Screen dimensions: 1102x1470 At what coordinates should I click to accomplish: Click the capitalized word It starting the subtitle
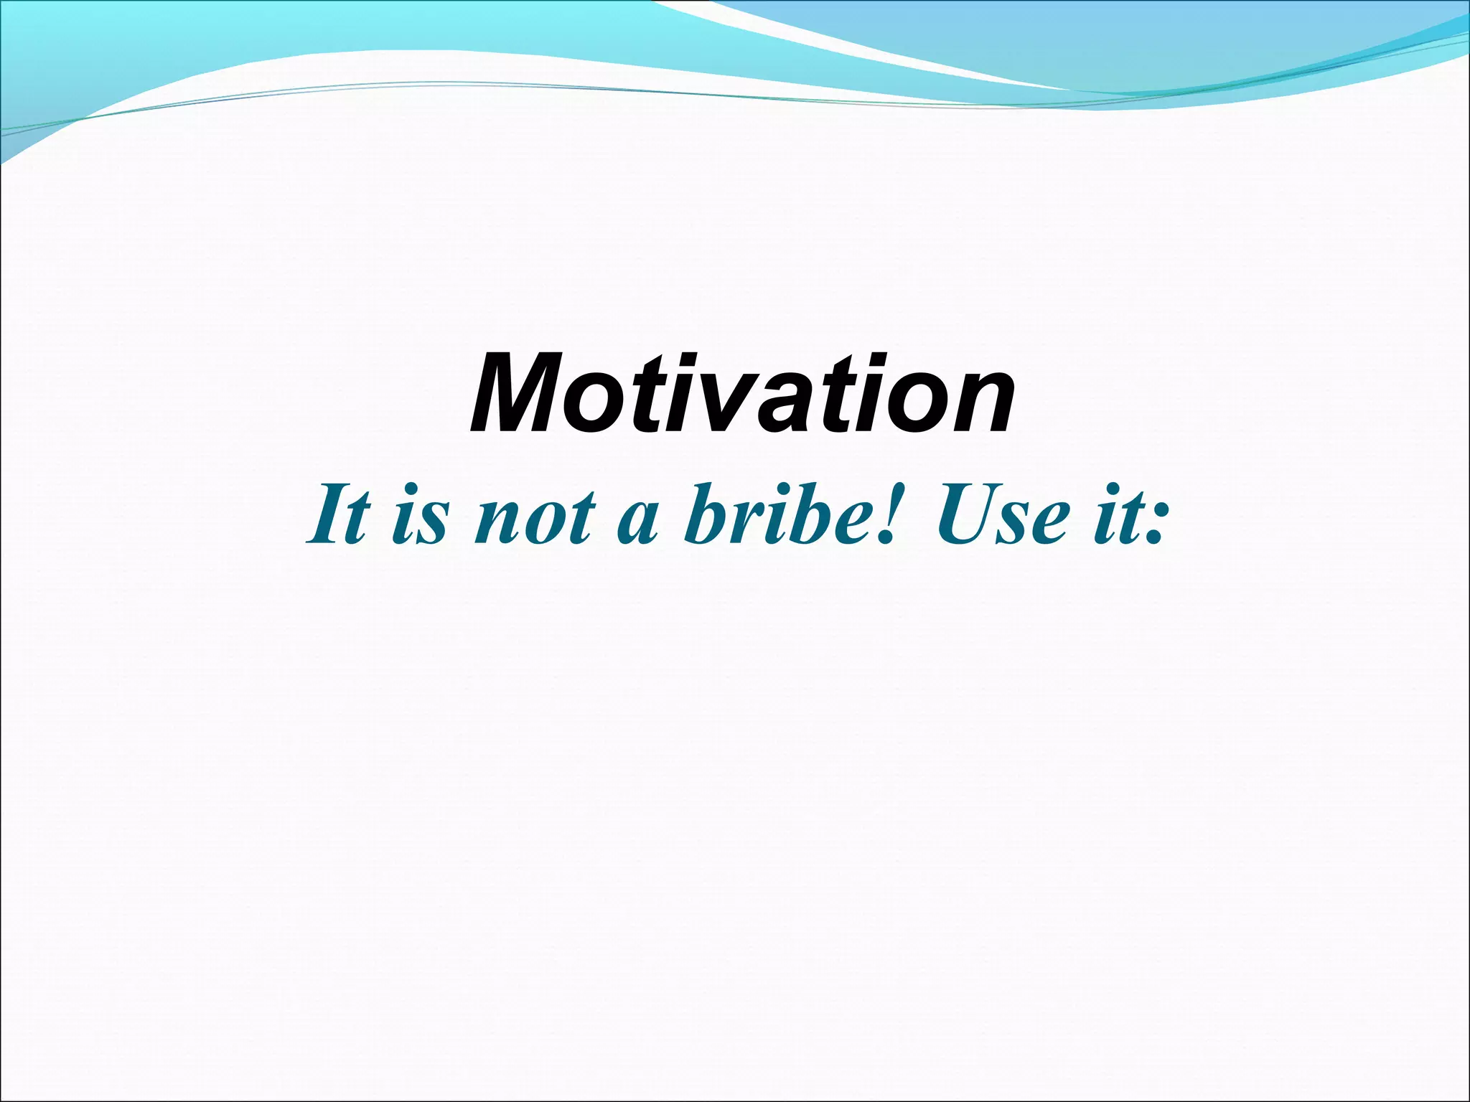coord(340,516)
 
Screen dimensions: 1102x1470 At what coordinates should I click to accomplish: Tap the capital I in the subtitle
coord(327,516)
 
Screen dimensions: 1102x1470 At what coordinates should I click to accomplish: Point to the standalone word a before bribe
coord(637,524)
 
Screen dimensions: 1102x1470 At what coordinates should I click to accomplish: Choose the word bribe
coord(782,516)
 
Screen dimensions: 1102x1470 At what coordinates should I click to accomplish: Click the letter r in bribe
coord(751,524)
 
